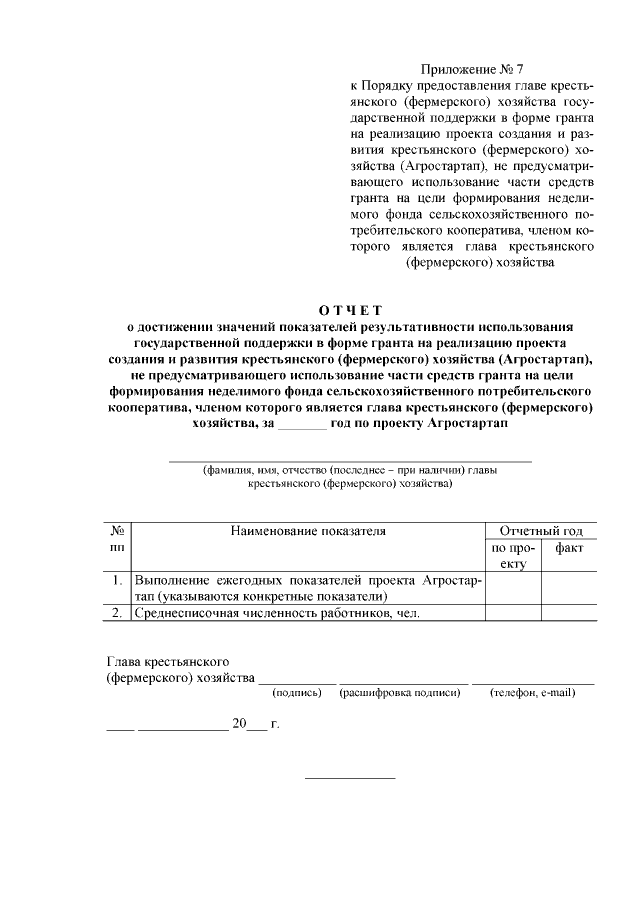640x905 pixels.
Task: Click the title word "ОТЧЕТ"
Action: click(x=350, y=309)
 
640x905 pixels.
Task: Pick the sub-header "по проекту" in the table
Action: click(x=513, y=556)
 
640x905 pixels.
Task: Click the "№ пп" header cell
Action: click(x=117, y=539)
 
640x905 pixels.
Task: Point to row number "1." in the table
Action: click(x=117, y=580)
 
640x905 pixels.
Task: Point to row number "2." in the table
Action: click(x=117, y=613)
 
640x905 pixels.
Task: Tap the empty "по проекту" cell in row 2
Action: click(x=513, y=613)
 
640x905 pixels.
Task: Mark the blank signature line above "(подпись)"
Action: click(x=298, y=680)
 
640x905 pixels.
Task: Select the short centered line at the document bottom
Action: click(x=349, y=777)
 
